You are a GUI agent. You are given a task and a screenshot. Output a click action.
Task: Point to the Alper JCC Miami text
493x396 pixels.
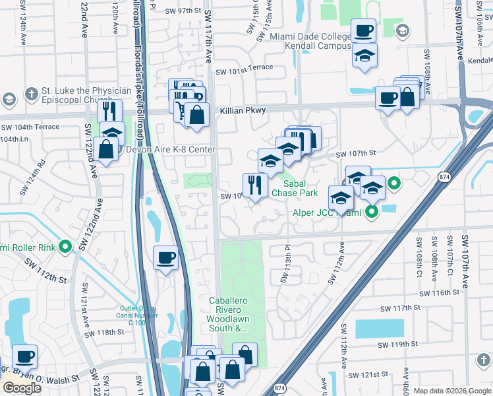(x=327, y=213)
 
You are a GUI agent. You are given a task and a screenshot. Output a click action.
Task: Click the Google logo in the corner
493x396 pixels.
(x=22, y=388)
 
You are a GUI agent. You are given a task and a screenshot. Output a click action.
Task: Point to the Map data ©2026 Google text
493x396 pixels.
(x=451, y=391)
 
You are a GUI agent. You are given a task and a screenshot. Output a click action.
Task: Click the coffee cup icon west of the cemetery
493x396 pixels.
(x=165, y=257)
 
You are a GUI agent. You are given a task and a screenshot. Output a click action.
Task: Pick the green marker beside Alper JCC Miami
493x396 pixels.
(x=372, y=213)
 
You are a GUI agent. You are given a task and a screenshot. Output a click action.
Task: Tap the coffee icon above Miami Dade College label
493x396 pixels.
(x=363, y=30)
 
